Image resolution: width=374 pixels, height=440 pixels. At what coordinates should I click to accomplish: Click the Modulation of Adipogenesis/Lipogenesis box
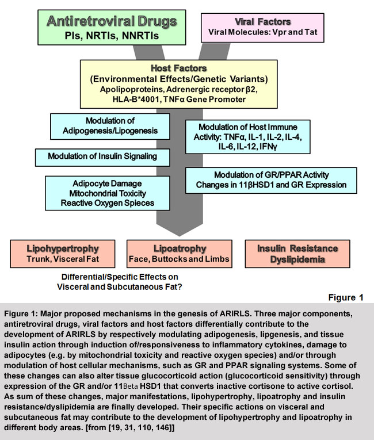[x=110, y=126]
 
